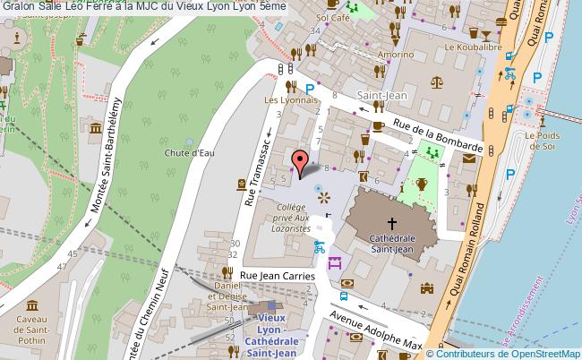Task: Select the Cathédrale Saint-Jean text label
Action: coord(391,244)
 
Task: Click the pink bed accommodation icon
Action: coord(336,263)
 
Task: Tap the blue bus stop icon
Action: coord(344,296)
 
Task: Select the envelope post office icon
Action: coord(469,158)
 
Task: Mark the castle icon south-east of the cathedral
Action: coord(426,289)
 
